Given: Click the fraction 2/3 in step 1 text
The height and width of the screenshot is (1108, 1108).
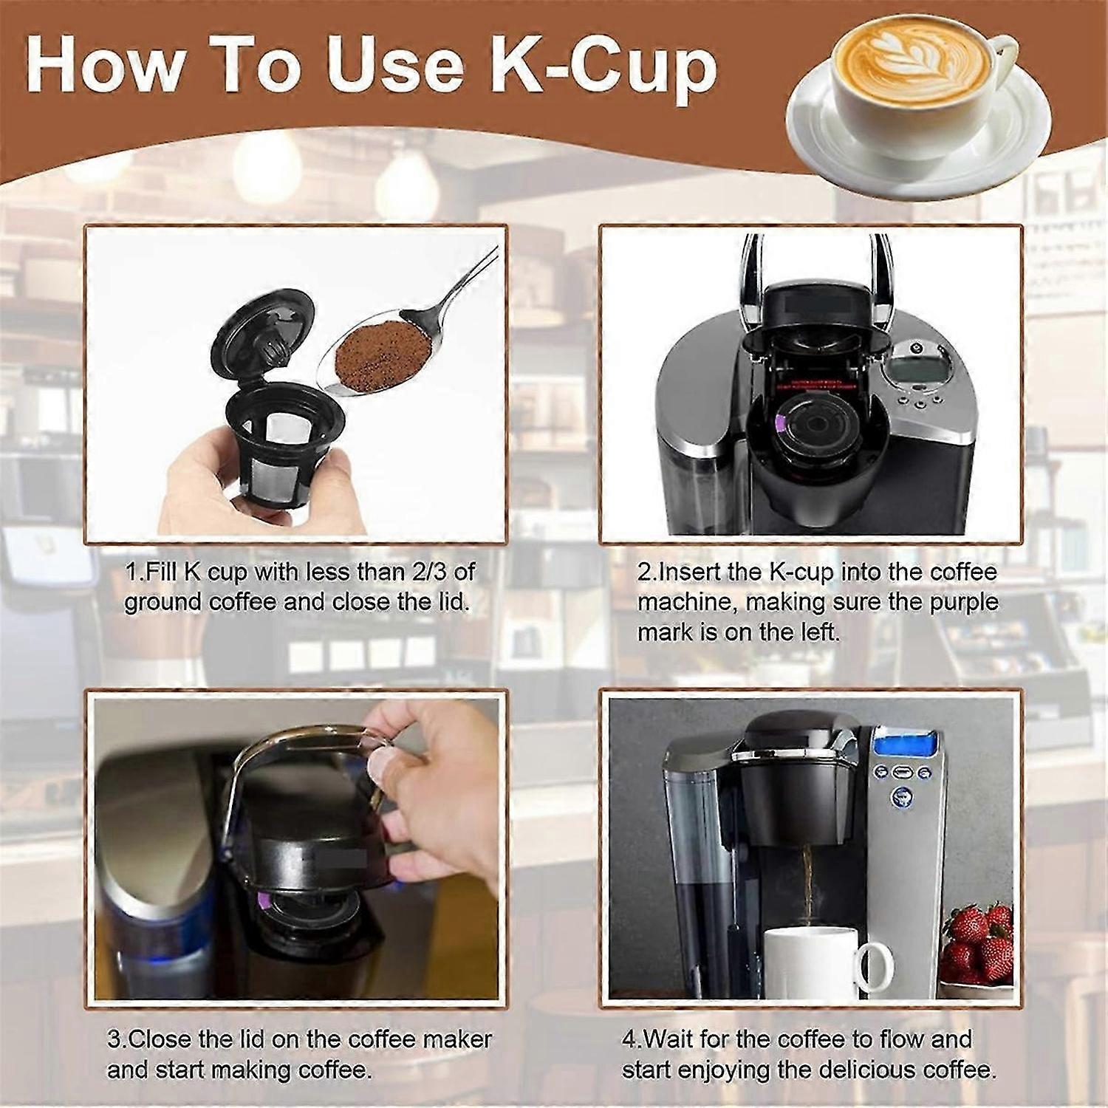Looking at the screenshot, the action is pyautogui.click(x=451, y=572).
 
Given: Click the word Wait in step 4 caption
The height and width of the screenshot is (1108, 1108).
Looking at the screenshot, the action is pyautogui.click(x=668, y=1039).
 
